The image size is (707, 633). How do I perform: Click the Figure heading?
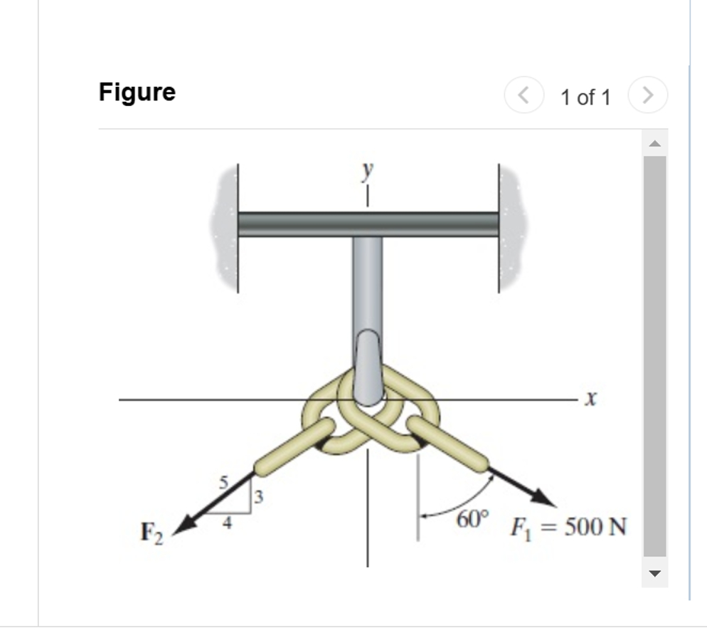click(137, 93)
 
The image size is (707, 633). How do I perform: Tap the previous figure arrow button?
click(523, 95)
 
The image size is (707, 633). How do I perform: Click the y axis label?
click(367, 170)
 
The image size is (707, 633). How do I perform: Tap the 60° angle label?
click(473, 520)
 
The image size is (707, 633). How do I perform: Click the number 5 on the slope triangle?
click(223, 482)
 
